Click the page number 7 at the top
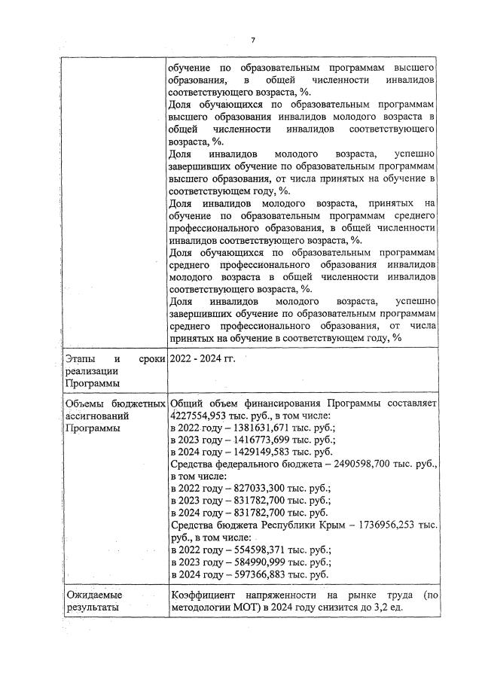[x=253, y=40]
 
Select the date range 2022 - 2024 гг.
[x=203, y=359]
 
